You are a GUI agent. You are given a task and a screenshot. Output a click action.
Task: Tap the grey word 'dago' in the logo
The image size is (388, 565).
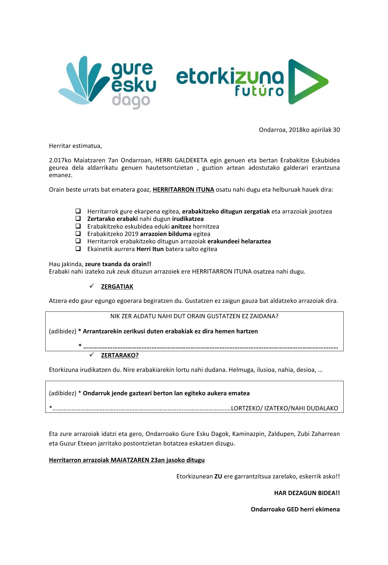(131, 101)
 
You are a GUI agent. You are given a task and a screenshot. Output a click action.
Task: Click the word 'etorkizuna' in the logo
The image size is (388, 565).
(229, 77)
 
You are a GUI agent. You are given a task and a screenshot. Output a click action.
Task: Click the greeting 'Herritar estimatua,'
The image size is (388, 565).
(75, 146)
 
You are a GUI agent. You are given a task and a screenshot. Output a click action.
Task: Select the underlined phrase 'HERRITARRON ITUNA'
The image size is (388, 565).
(183, 190)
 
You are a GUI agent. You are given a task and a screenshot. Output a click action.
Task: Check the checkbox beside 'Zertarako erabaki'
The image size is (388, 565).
(78, 218)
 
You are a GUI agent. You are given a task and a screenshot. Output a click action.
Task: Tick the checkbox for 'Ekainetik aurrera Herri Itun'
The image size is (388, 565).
(78, 249)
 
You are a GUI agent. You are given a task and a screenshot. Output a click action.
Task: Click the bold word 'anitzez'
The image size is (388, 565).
(181, 226)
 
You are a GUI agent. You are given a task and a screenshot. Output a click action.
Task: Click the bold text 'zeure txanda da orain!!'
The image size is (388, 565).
(118, 264)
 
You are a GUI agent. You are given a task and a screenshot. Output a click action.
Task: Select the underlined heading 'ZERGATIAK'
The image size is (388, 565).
(117, 287)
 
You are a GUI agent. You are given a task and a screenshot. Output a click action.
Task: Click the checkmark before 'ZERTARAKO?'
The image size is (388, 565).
(92, 355)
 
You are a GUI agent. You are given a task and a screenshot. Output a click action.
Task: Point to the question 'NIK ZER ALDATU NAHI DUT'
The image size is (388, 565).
(194, 316)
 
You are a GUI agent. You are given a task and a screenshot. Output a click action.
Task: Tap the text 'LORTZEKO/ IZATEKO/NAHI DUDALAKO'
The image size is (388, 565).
(284, 409)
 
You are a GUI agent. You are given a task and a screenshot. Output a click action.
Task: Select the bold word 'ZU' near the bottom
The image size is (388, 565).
(218, 477)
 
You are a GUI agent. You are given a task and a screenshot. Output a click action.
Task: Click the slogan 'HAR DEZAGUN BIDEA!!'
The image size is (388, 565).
(307, 493)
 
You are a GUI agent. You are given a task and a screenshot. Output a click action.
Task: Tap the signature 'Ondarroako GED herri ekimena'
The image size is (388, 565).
(295, 509)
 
